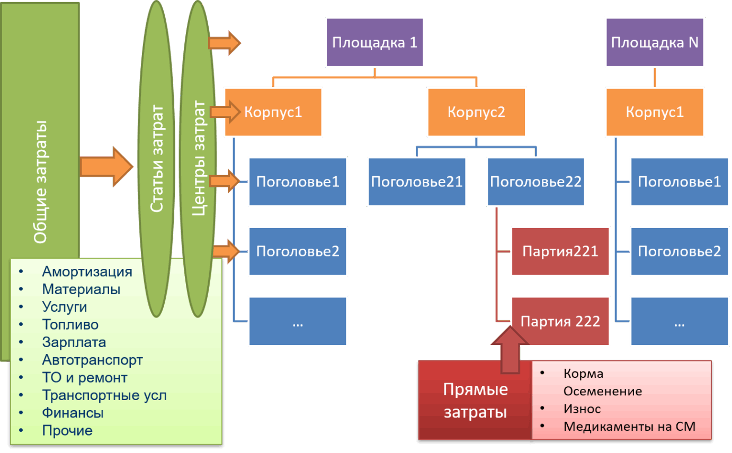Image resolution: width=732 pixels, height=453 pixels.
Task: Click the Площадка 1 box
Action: point(374,42)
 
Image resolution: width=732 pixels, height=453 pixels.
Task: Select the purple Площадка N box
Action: point(655,42)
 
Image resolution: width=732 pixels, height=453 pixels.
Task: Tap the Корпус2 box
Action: point(477,112)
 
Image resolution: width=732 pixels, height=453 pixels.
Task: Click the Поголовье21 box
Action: point(417,182)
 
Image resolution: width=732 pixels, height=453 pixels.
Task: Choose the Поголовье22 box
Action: point(536,182)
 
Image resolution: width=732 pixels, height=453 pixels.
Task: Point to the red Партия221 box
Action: point(560,251)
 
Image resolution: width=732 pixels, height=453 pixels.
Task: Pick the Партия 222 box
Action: point(560,321)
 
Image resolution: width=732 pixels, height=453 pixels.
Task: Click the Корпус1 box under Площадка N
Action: point(655,112)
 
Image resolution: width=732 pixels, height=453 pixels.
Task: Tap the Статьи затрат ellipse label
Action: point(156,159)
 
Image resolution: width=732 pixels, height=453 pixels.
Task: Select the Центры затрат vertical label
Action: point(199,159)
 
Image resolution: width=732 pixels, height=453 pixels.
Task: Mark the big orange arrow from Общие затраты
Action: point(106,166)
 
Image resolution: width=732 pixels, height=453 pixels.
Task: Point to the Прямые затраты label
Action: point(475,401)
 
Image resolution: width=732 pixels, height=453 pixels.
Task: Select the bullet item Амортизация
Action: point(87,272)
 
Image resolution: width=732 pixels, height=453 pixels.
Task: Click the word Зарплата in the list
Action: point(74,342)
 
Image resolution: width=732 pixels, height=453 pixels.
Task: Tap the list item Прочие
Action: point(67,431)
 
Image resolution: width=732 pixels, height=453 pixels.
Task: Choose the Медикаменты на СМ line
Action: point(629,427)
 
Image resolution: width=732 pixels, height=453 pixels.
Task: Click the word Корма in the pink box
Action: point(583,374)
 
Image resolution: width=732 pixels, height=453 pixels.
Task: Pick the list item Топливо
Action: point(70,325)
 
